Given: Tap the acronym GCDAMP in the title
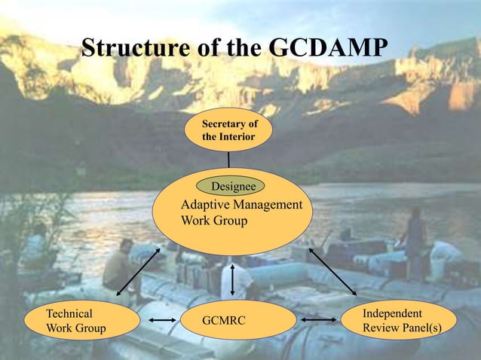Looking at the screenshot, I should pyautogui.click(x=328, y=47).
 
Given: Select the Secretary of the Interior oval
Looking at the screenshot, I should pyautogui.click(x=228, y=130).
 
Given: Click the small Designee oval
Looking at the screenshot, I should pyautogui.click(x=231, y=185).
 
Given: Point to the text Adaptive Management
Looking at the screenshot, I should pyautogui.click(x=242, y=205).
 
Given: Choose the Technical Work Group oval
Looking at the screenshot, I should pyautogui.click(x=81, y=320).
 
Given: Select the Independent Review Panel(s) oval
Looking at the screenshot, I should pyautogui.click(x=398, y=320).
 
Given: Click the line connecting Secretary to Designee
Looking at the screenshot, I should pyautogui.click(x=228, y=160).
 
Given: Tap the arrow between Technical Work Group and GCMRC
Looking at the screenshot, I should pyautogui.click(x=163, y=321).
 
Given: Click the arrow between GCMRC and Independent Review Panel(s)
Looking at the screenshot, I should pyautogui.click(x=320, y=321).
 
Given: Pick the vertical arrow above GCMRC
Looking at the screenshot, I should pyautogui.click(x=232, y=279).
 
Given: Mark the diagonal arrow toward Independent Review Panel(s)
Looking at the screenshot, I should pyautogui.click(x=332, y=271).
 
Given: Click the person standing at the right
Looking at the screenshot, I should pyautogui.click(x=414, y=241).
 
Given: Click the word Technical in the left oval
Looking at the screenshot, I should pyautogui.click(x=69, y=313).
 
